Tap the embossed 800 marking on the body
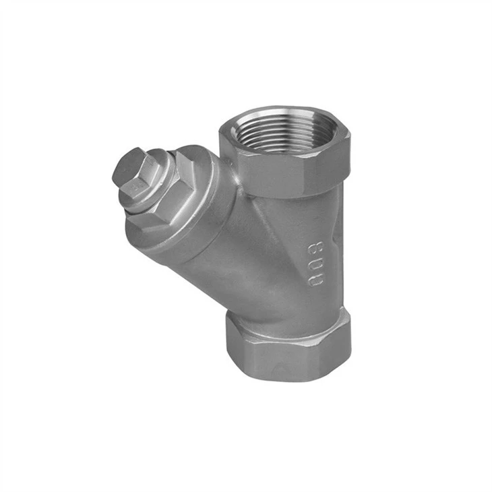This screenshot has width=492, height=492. click(x=315, y=264)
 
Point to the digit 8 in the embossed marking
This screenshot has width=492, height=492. click(x=316, y=248)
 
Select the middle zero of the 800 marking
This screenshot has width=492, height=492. click(x=315, y=264)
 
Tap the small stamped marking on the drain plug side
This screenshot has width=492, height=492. click(x=137, y=187)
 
